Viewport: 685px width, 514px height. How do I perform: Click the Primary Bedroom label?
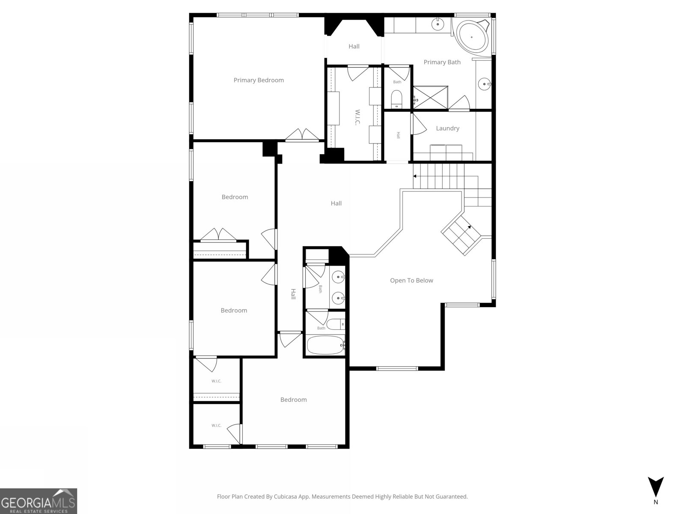(259, 80)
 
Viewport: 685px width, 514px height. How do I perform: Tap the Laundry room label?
(447, 128)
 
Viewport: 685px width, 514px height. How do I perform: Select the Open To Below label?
(411, 281)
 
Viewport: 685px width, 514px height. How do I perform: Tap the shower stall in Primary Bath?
(430, 98)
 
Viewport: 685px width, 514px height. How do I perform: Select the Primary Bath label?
(442, 62)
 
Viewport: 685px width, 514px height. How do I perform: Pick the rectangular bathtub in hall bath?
(325, 345)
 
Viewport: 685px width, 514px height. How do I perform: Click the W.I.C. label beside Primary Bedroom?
(357, 117)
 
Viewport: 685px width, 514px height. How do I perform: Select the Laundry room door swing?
(418, 124)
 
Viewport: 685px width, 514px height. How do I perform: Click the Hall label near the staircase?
(336, 203)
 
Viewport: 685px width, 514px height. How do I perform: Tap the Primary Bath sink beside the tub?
(438, 24)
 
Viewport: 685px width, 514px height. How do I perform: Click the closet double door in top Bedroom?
(219, 236)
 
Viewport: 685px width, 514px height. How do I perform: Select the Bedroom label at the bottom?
(293, 400)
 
